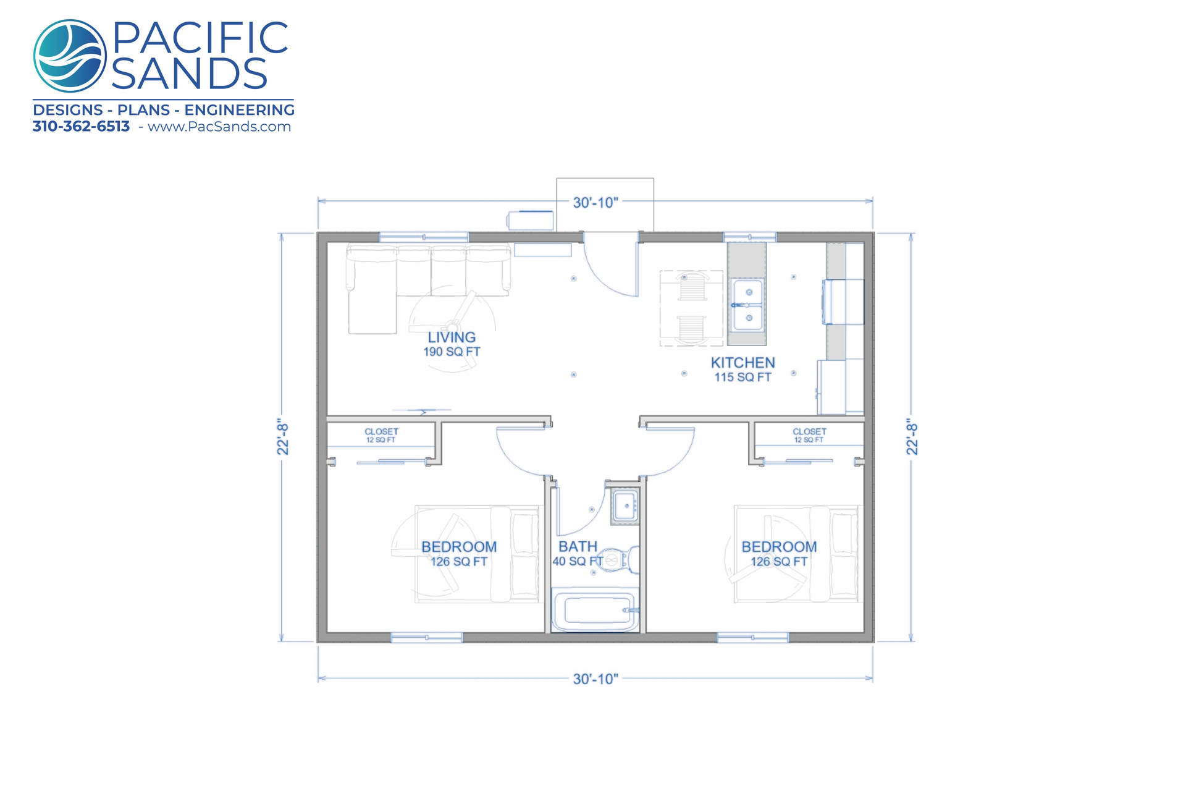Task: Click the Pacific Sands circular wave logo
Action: coord(70,56)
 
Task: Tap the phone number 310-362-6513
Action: coord(81,127)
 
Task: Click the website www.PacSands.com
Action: coord(219,127)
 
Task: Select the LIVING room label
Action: coord(452,337)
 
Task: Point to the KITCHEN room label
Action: coord(742,363)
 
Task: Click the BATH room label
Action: coord(578,547)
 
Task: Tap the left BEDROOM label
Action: coord(459,547)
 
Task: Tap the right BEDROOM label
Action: coord(779,547)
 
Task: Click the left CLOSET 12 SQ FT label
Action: coord(381,436)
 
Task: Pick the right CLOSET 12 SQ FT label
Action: coord(809,436)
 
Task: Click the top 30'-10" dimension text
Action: coord(595,203)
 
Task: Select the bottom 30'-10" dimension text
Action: coord(595,679)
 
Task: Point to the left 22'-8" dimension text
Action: coord(283,438)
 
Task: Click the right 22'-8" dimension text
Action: coord(912,438)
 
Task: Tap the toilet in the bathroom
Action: coord(621,560)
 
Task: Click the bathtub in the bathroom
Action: coord(595,610)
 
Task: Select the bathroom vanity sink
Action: coord(626,506)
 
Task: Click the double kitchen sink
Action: coord(748,305)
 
